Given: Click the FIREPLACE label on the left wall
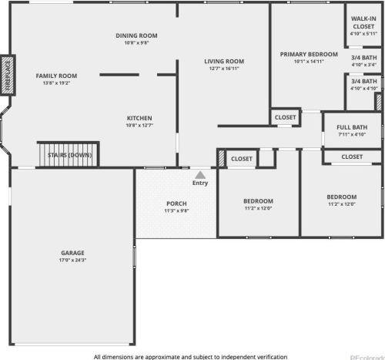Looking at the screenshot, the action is click(8, 76).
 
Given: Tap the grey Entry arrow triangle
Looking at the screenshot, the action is click(200, 175).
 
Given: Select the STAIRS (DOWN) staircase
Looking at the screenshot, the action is click(69, 155).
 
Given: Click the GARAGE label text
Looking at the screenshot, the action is click(72, 253).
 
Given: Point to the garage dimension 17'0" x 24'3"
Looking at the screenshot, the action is click(72, 260).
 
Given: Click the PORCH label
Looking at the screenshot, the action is click(176, 204).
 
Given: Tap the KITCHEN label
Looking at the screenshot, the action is click(139, 118).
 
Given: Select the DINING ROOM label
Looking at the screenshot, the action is click(136, 35).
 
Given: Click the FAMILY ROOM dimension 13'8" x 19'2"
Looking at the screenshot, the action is click(56, 83).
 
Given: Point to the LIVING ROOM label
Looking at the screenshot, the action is click(224, 62).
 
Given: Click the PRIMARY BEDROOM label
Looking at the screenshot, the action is click(309, 55).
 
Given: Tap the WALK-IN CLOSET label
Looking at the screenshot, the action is click(363, 22).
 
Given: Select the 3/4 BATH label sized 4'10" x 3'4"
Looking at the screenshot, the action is click(364, 58).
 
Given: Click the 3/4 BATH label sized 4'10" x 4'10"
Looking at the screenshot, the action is click(364, 82).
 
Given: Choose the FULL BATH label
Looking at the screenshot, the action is click(352, 127).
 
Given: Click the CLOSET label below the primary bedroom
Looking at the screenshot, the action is click(285, 117).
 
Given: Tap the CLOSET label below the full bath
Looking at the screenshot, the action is click(352, 156).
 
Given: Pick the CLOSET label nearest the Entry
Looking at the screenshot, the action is click(242, 159).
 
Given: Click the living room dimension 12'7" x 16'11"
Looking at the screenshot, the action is click(224, 69).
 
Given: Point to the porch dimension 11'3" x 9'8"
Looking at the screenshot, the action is click(176, 210).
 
